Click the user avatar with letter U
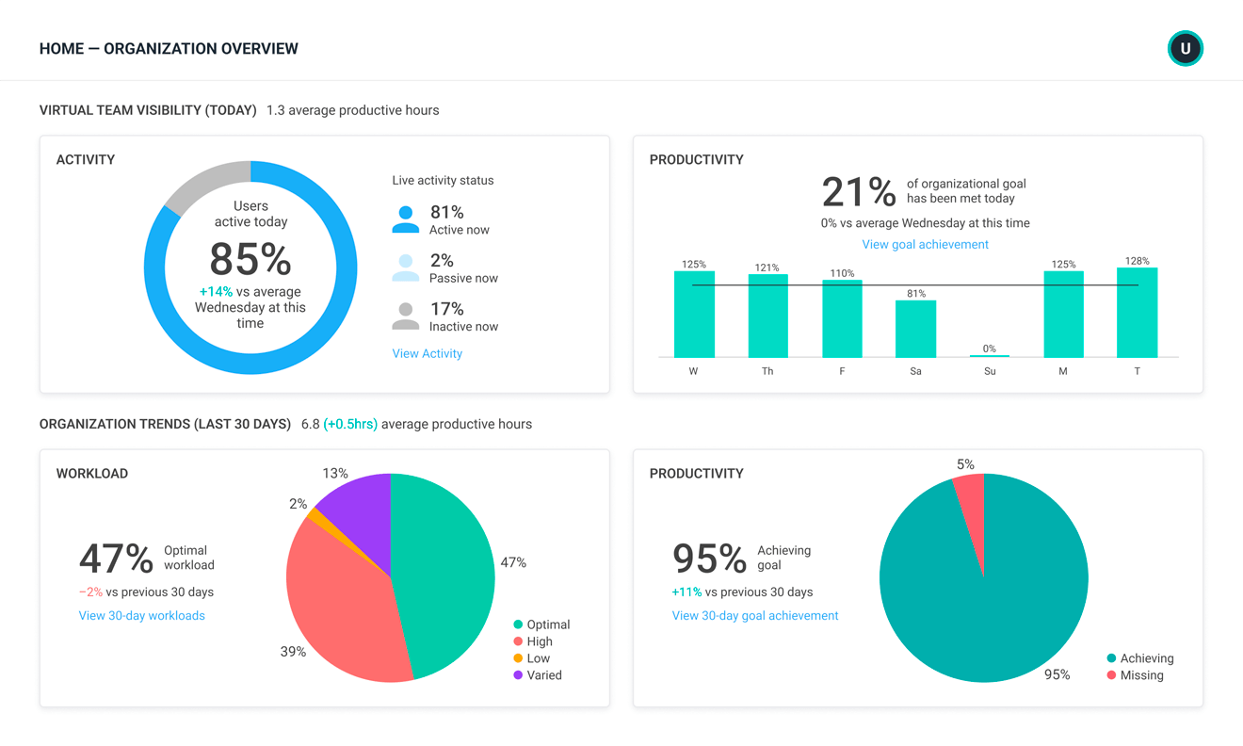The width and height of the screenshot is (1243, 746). pos(1185,49)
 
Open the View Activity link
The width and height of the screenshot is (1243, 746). pos(427,353)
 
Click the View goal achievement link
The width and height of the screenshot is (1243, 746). pos(925,244)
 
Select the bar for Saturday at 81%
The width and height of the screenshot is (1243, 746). pos(915,329)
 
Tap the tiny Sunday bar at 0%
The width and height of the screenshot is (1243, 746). pos(989,355)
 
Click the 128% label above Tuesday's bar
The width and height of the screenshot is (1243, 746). pos(1137,261)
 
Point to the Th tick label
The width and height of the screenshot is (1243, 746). pos(767,371)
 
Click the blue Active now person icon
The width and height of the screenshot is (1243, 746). pos(405,219)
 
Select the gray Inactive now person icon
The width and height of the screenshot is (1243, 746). pos(405,316)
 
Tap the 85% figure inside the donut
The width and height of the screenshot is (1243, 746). pos(250,259)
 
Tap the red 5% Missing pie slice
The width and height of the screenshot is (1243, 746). pos(971,499)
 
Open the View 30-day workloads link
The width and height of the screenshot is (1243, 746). pos(141,615)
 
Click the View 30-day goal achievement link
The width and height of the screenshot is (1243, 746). pos(754,615)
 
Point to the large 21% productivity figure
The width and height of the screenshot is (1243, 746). pos(858,192)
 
